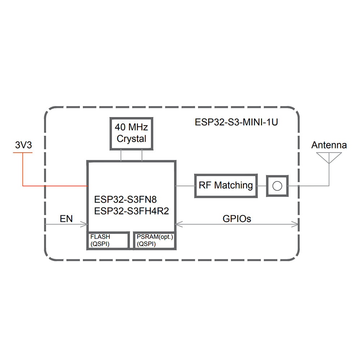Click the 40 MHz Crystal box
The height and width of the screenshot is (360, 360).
(131, 133)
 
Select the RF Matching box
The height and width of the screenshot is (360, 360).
(226, 185)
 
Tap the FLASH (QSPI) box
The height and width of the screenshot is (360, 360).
(108, 240)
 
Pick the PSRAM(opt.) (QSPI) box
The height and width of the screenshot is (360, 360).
(155, 240)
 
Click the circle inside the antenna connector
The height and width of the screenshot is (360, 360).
(277, 186)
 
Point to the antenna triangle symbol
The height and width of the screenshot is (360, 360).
(328, 157)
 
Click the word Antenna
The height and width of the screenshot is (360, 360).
(329, 145)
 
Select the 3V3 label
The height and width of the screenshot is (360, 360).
(23, 145)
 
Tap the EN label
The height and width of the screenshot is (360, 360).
(66, 218)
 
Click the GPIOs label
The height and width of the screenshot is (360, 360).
(237, 218)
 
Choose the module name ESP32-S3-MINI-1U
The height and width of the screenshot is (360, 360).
(236, 122)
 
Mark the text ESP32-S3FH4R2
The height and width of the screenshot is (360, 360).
(131, 211)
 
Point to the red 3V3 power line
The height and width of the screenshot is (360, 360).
(54, 186)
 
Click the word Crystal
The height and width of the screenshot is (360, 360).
(131, 139)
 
